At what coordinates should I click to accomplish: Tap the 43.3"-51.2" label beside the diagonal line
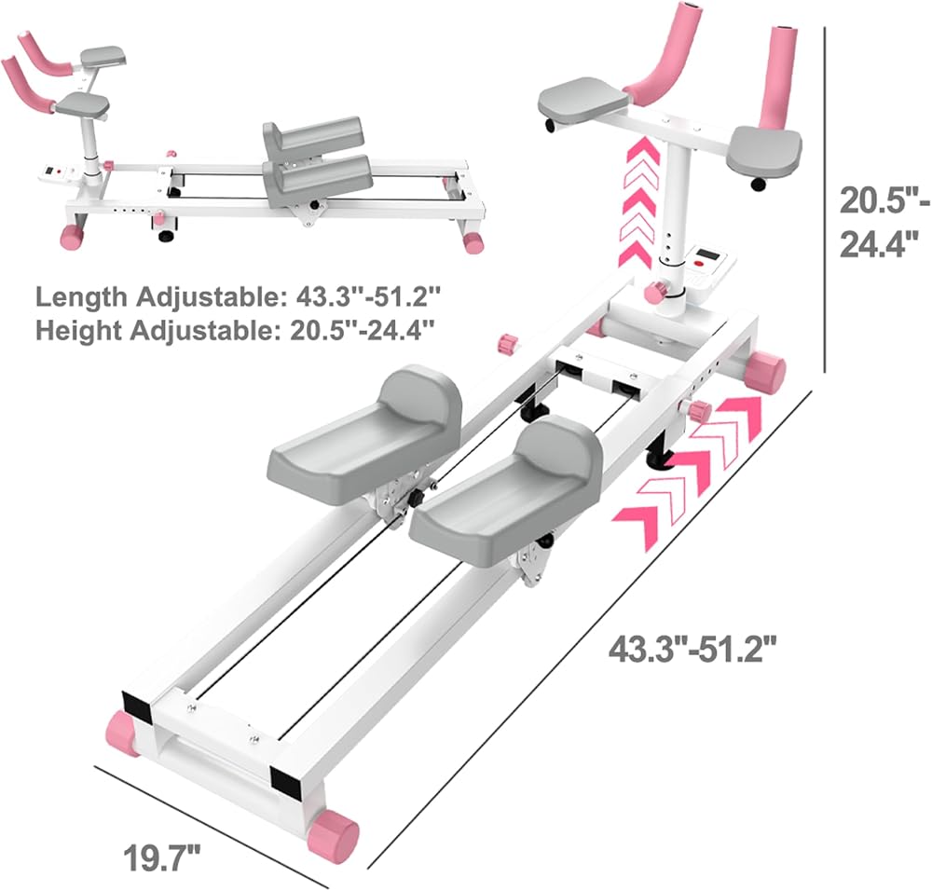click(693, 649)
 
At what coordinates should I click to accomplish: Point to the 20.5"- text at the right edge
click(884, 201)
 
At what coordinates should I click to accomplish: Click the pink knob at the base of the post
click(656, 292)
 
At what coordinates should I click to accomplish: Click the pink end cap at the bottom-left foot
click(123, 733)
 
